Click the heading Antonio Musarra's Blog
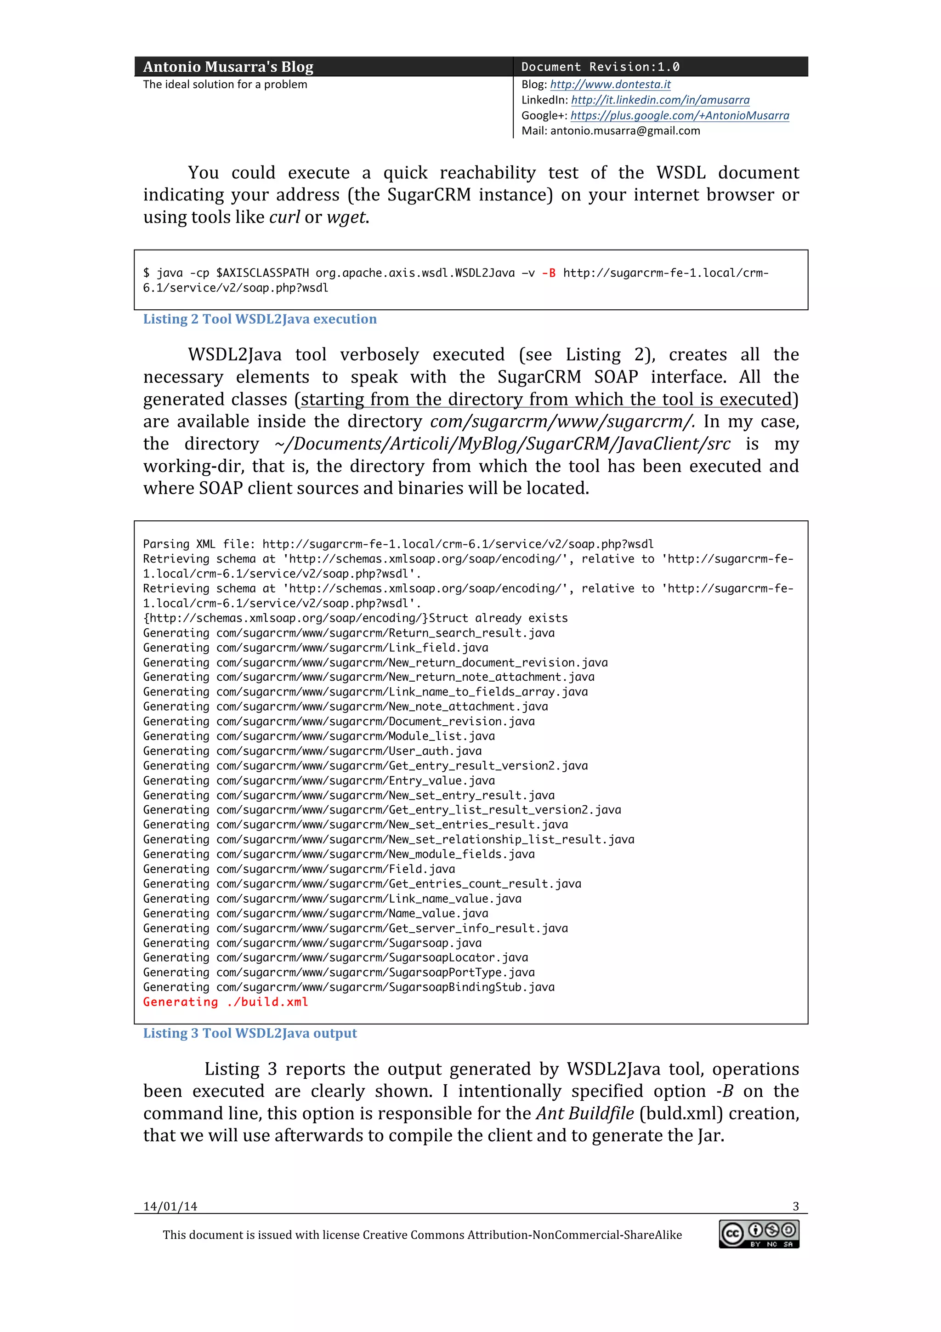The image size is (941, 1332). [x=228, y=67]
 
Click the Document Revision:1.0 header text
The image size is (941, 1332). [x=600, y=67]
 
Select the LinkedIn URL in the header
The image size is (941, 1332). [x=660, y=100]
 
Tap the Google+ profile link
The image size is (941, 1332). [x=680, y=115]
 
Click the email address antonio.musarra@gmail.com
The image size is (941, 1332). [x=625, y=131]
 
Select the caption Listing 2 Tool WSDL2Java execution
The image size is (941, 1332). [x=260, y=319]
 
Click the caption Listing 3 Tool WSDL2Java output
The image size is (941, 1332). [x=250, y=1033]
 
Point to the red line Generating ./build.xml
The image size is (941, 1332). [x=226, y=1002]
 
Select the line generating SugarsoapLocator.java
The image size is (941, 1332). [x=335, y=957]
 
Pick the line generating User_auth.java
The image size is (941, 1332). [x=312, y=751]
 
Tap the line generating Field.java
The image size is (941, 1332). [x=299, y=869]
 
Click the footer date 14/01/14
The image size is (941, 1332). [x=170, y=1207]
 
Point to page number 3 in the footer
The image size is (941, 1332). [x=795, y=1207]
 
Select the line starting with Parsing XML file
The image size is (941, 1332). [x=398, y=544]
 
